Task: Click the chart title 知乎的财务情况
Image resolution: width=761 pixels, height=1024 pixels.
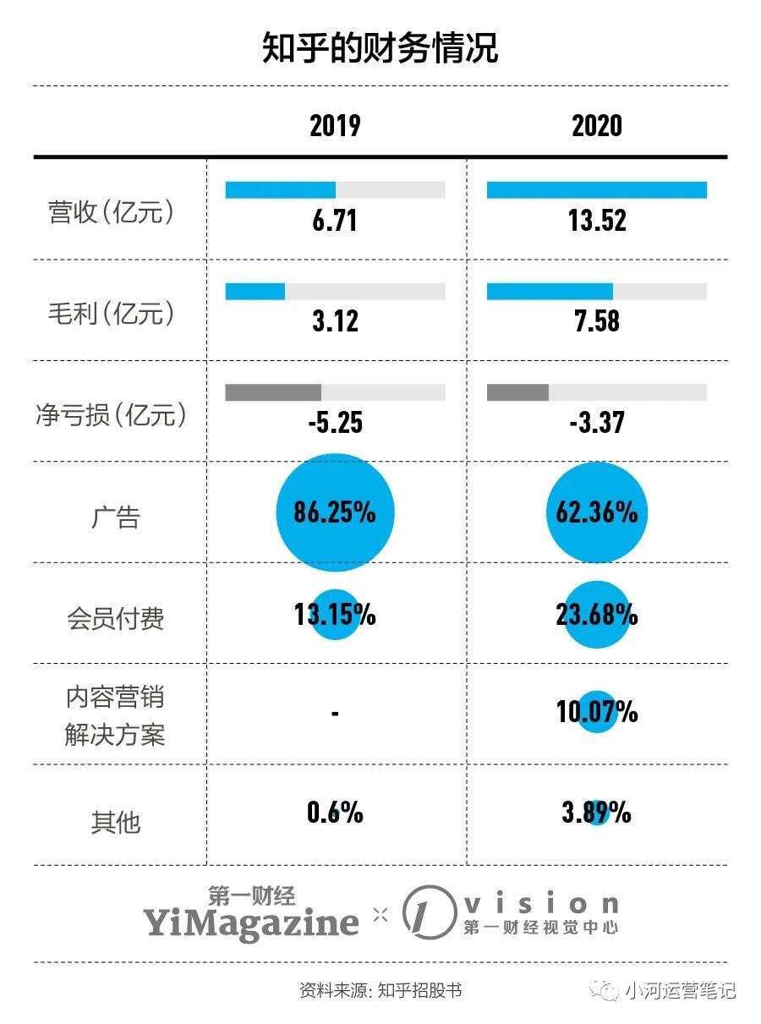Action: (x=380, y=49)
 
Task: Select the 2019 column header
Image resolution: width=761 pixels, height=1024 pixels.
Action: (x=335, y=126)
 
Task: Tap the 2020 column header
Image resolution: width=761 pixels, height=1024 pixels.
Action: (x=596, y=126)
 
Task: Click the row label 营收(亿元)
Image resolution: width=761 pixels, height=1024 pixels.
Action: (x=112, y=213)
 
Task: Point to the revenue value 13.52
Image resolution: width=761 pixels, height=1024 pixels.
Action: (x=596, y=221)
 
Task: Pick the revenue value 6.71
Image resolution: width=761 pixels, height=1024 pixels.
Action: (x=335, y=221)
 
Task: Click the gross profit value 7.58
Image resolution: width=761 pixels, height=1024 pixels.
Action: (x=596, y=321)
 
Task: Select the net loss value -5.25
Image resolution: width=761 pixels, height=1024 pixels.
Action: (x=335, y=422)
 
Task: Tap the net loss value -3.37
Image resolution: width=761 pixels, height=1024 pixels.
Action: (x=596, y=422)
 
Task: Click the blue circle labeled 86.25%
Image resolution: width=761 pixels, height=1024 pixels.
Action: (x=335, y=512)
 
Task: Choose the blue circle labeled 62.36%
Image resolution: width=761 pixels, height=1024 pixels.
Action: (x=596, y=512)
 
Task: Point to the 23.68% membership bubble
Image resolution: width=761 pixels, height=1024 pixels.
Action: (x=596, y=615)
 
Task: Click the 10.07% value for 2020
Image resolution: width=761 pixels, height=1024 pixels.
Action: (x=596, y=712)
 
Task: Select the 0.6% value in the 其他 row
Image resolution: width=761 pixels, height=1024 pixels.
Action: (x=335, y=813)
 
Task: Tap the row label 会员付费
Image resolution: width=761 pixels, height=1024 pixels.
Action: (x=115, y=619)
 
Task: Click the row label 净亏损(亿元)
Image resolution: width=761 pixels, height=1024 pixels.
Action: (x=112, y=415)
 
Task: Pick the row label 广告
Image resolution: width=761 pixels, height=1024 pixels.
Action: (x=115, y=517)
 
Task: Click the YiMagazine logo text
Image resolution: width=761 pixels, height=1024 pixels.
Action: (x=250, y=922)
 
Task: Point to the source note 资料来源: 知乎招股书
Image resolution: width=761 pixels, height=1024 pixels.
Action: (x=380, y=990)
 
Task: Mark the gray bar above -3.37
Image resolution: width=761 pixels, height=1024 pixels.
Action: (x=517, y=392)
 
